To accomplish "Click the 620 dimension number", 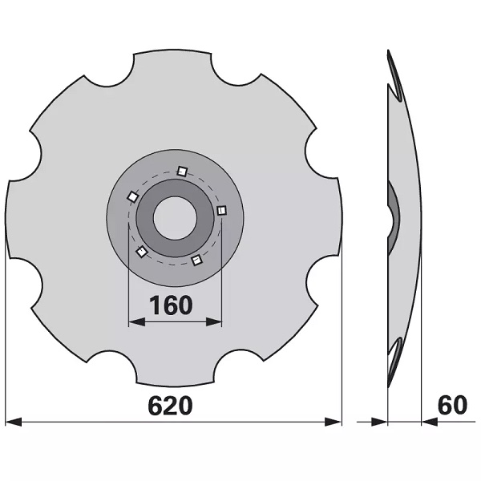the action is [x=171, y=406].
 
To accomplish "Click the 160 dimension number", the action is [x=171, y=305].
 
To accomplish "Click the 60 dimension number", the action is [x=452, y=405].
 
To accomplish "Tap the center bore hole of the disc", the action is [x=175, y=218].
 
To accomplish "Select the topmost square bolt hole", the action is [x=182, y=172].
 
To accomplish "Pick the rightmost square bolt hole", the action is [x=221, y=211].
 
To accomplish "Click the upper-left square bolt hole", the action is [x=133, y=196].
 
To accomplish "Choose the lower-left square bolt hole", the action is [x=142, y=252].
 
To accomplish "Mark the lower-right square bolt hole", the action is [x=197, y=261].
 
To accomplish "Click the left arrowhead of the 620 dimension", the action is [x=14, y=422].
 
